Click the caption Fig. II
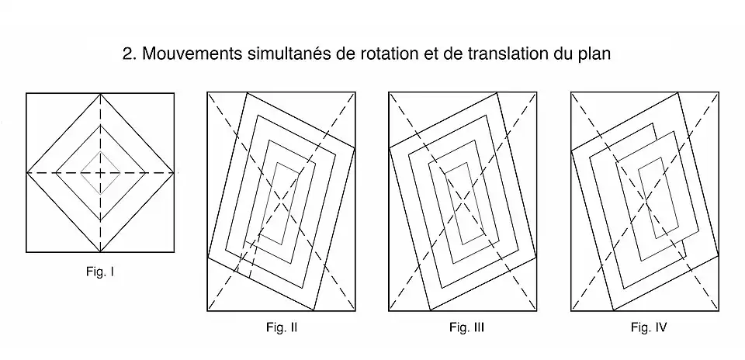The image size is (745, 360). click(x=281, y=327)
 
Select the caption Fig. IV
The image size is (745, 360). click(x=649, y=327)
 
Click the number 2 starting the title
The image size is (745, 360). click(x=128, y=55)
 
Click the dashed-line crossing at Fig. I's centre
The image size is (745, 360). click(x=101, y=171)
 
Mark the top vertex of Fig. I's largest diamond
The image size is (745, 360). click(x=101, y=93)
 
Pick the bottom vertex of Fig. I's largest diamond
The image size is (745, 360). click(x=101, y=251)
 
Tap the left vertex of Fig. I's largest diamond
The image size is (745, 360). click(x=26, y=171)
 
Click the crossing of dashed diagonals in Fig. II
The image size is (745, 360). click(x=281, y=201)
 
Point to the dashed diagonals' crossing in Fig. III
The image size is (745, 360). click(x=462, y=201)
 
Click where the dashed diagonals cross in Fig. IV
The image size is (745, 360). click(x=644, y=201)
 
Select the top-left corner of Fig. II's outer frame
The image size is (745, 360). click(x=207, y=92)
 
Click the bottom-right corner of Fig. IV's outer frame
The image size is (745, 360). click(x=718, y=310)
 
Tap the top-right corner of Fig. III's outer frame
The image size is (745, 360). click(x=535, y=92)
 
